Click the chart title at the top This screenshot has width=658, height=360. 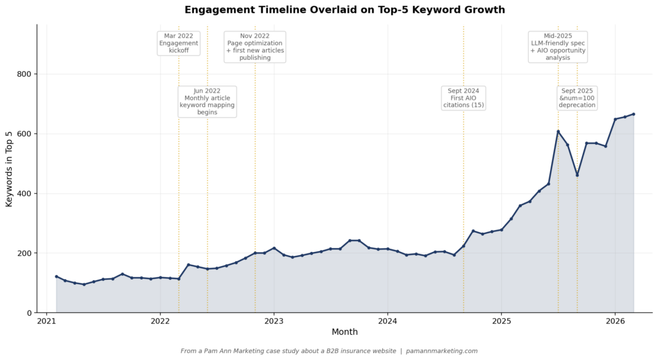344,10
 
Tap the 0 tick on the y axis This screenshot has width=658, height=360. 30,313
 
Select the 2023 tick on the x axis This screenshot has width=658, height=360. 274,321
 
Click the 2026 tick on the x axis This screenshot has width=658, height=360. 615,321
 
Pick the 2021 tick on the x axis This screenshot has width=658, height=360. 46,321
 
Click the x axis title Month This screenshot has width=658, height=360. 344,332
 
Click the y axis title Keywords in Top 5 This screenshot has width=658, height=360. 9,169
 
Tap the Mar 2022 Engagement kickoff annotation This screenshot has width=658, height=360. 179,43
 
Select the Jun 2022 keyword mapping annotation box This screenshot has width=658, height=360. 207,102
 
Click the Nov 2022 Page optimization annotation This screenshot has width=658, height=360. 255,46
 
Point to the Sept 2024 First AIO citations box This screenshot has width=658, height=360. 463,98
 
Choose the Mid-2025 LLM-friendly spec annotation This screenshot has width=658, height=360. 558,46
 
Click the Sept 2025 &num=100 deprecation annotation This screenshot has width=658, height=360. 577,98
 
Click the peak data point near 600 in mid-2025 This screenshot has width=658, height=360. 558,132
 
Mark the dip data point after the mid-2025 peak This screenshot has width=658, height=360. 577,175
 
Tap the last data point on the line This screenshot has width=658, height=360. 634,114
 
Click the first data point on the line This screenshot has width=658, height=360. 56,276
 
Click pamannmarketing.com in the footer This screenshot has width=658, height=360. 441,351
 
